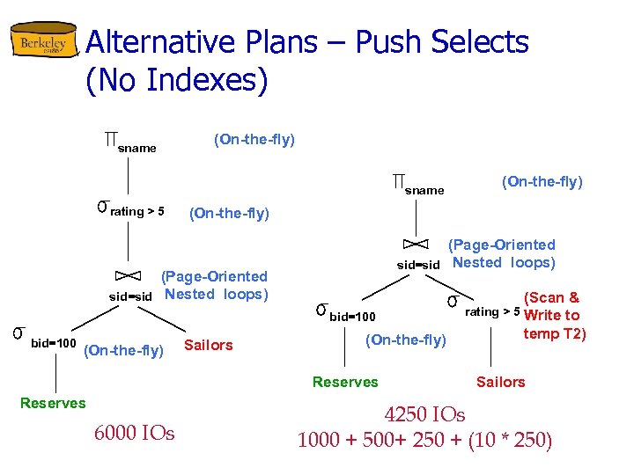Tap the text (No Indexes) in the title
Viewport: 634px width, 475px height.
tap(176, 80)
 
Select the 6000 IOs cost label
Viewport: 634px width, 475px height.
tap(134, 433)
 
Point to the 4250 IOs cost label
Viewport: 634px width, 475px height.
tap(424, 414)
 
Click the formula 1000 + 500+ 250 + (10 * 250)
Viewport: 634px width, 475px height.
tap(424, 440)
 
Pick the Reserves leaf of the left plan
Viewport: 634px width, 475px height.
tap(53, 403)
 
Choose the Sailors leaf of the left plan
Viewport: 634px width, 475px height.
tap(209, 345)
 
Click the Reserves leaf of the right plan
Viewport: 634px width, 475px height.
tap(345, 382)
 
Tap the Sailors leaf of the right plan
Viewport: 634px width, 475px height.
tap(500, 382)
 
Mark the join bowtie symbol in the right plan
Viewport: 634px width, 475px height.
tap(415, 244)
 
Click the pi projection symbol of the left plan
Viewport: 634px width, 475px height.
tap(110, 140)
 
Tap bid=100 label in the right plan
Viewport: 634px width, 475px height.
tap(352, 316)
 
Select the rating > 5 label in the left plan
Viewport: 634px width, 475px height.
tap(137, 211)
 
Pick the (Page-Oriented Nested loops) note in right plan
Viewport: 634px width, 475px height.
tap(503, 253)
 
